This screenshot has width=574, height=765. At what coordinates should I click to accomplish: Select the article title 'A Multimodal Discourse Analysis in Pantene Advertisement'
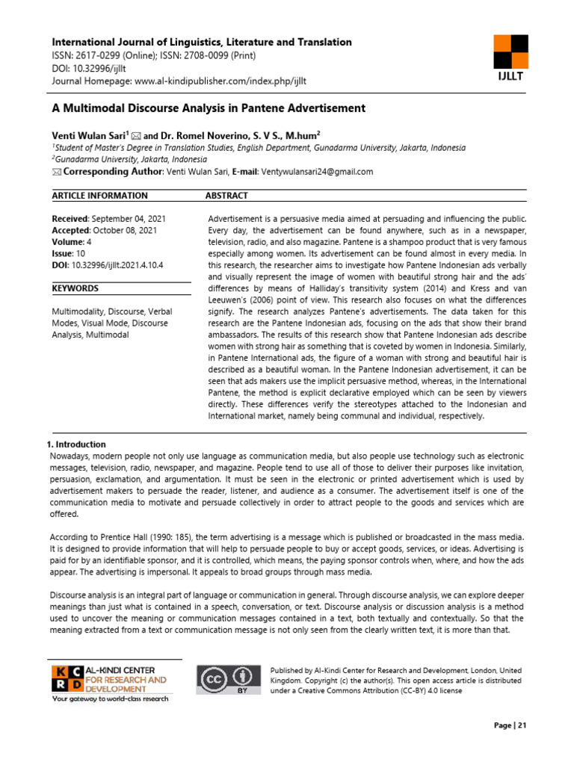pyautogui.click(x=209, y=108)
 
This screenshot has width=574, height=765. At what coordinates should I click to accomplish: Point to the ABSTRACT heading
pyautogui.click(x=226, y=196)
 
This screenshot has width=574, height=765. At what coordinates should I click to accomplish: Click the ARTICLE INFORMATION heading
pyautogui.click(x=99, y=196)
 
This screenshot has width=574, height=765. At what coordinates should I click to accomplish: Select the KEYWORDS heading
pyautogui.click(x=75, y=288)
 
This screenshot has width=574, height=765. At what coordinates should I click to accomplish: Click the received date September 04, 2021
pyautogui.click(x=125, y=218)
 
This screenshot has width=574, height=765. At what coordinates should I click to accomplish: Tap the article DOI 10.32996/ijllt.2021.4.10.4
pyautogui.click(x=117, y=264)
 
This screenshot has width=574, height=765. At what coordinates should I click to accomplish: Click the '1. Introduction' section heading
pyautogui.click(x=77, y=445)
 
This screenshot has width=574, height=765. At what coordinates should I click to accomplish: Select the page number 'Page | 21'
pyautogui.click(x=510, y=725)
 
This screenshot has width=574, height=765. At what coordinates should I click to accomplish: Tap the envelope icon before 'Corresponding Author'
pyautogui.click(x=57, y=172)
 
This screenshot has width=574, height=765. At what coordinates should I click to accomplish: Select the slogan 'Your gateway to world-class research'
pyautogui.click(x=110, y=699)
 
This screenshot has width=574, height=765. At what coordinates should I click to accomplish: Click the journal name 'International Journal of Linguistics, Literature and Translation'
pyautogui.click(x=201, y=43)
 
